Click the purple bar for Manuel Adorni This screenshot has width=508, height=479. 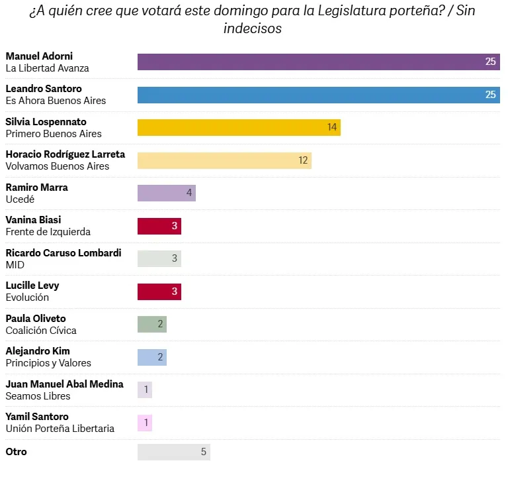pos(318,62)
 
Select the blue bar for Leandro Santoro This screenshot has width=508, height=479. pos(318,95)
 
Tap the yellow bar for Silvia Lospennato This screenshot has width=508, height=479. pos(239,127)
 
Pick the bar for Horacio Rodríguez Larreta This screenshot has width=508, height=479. pos(224,160)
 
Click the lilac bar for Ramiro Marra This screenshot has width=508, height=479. pos(167,193)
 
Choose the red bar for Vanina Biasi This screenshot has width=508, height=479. pos(159,226)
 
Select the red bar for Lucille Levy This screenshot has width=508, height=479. pos(159,292)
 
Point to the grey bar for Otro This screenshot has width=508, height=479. pos(174,452)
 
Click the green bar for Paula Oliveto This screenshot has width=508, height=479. pos(152,324)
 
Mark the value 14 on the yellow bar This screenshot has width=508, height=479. pos(332,127)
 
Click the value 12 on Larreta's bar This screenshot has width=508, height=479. pos(303,160)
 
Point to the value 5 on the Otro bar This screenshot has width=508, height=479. pos(204,452)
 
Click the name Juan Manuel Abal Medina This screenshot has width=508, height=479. pos(64,384)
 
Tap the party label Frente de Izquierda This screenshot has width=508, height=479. pos(48,232)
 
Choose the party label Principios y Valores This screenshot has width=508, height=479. pos(48,363)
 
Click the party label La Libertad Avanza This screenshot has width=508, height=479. pos(47,68)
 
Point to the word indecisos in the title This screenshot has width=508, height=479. pos(253,28)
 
